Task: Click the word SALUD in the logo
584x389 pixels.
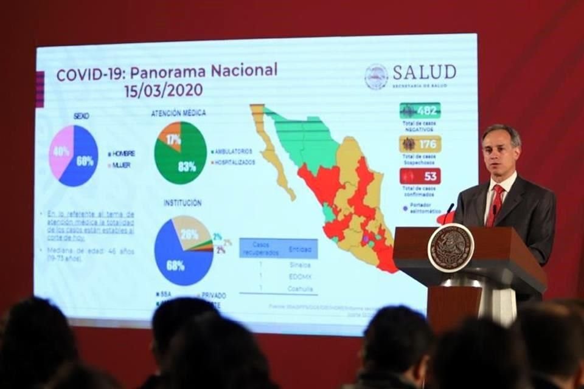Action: pos(424,72)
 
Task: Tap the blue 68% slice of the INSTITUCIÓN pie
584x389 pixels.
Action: pos(176,261)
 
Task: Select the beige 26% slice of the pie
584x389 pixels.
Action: pos(190,233)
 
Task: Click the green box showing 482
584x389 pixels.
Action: pos(420,111)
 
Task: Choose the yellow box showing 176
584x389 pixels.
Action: pos(420,144)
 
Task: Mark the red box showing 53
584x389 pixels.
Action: pos(420,176)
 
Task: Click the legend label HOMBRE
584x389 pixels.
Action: pos(123,154)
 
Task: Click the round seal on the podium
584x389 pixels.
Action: pos(450,247)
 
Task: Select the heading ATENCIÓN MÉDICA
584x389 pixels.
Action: pos(178,113)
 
